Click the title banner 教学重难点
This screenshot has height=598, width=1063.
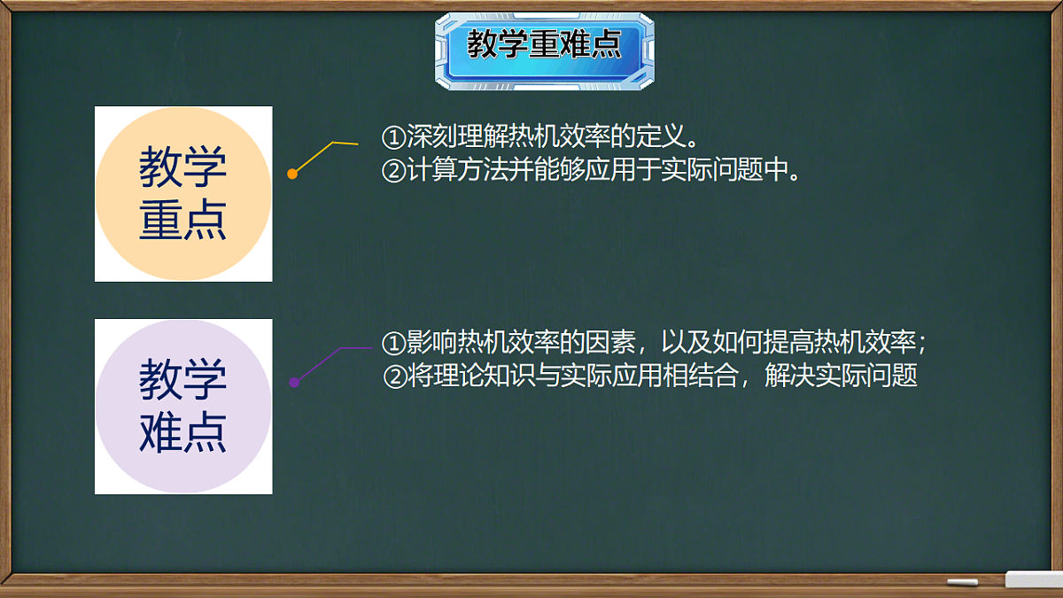[x=544, y=46]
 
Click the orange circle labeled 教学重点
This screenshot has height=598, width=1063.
[x=183, y=194]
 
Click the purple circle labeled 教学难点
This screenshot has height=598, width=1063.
[x=183, y=407]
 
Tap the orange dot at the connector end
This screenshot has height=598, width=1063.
[x=292, y=174]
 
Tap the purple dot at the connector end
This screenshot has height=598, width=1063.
[x=294, y=382]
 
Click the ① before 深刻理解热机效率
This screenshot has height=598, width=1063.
[x=392, y=138]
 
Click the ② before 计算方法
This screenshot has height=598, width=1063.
[x=392, y=170]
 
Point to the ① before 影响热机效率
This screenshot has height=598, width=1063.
[x=392, y=343]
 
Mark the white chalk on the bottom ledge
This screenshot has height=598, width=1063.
[x=962, y=582]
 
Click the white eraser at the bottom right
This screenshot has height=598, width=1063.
[x=1033, y=579]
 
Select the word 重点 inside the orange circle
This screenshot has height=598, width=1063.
[x=183, y=221]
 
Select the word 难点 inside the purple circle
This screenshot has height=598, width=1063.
[x=183, y=433]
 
